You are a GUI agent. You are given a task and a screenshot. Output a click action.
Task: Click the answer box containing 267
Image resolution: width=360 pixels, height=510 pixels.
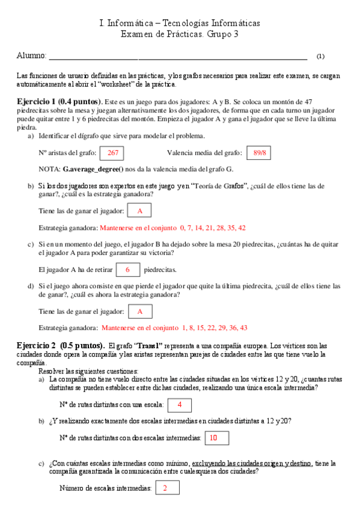(112, 153)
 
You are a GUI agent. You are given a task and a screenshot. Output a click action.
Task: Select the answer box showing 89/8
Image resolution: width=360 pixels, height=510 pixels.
(259, 153)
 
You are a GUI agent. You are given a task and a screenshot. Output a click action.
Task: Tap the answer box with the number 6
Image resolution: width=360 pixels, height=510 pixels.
(127, 270)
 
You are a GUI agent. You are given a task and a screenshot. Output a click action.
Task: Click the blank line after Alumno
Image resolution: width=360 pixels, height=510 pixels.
(177, 57)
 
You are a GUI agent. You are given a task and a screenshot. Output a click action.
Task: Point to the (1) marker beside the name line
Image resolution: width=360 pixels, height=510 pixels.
(320, 57)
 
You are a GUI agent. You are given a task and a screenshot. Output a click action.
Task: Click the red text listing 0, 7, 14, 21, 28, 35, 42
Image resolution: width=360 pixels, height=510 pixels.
(172, 228)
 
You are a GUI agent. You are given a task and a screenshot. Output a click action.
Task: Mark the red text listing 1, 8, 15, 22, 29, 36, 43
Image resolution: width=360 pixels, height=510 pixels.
(175, 328)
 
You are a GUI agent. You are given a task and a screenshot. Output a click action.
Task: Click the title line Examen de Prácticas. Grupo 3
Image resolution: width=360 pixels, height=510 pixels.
(180, 34)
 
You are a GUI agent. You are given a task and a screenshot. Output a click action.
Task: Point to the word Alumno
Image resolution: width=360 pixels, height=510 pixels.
(31, 56)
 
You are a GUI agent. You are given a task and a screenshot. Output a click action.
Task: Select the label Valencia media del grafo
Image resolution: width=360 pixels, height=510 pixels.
(204, 153)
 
